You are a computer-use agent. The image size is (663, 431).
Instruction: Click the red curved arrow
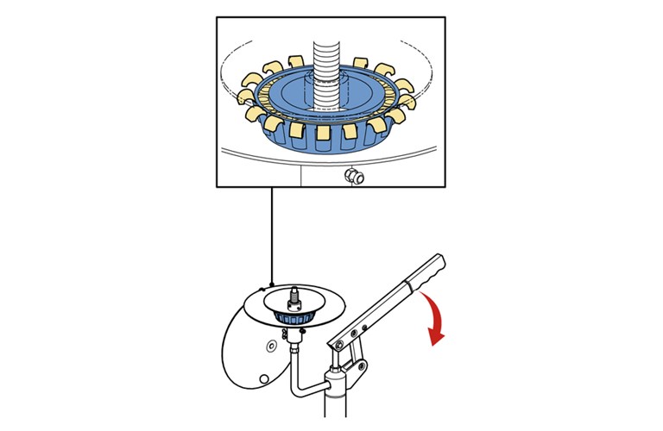pyautogui.click(x=437, y=315)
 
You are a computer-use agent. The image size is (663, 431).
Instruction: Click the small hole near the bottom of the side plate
pyautogui.click(x=264, y=376)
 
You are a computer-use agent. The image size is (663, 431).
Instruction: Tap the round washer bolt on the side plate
pyautogui.click(x=270, y=345)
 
